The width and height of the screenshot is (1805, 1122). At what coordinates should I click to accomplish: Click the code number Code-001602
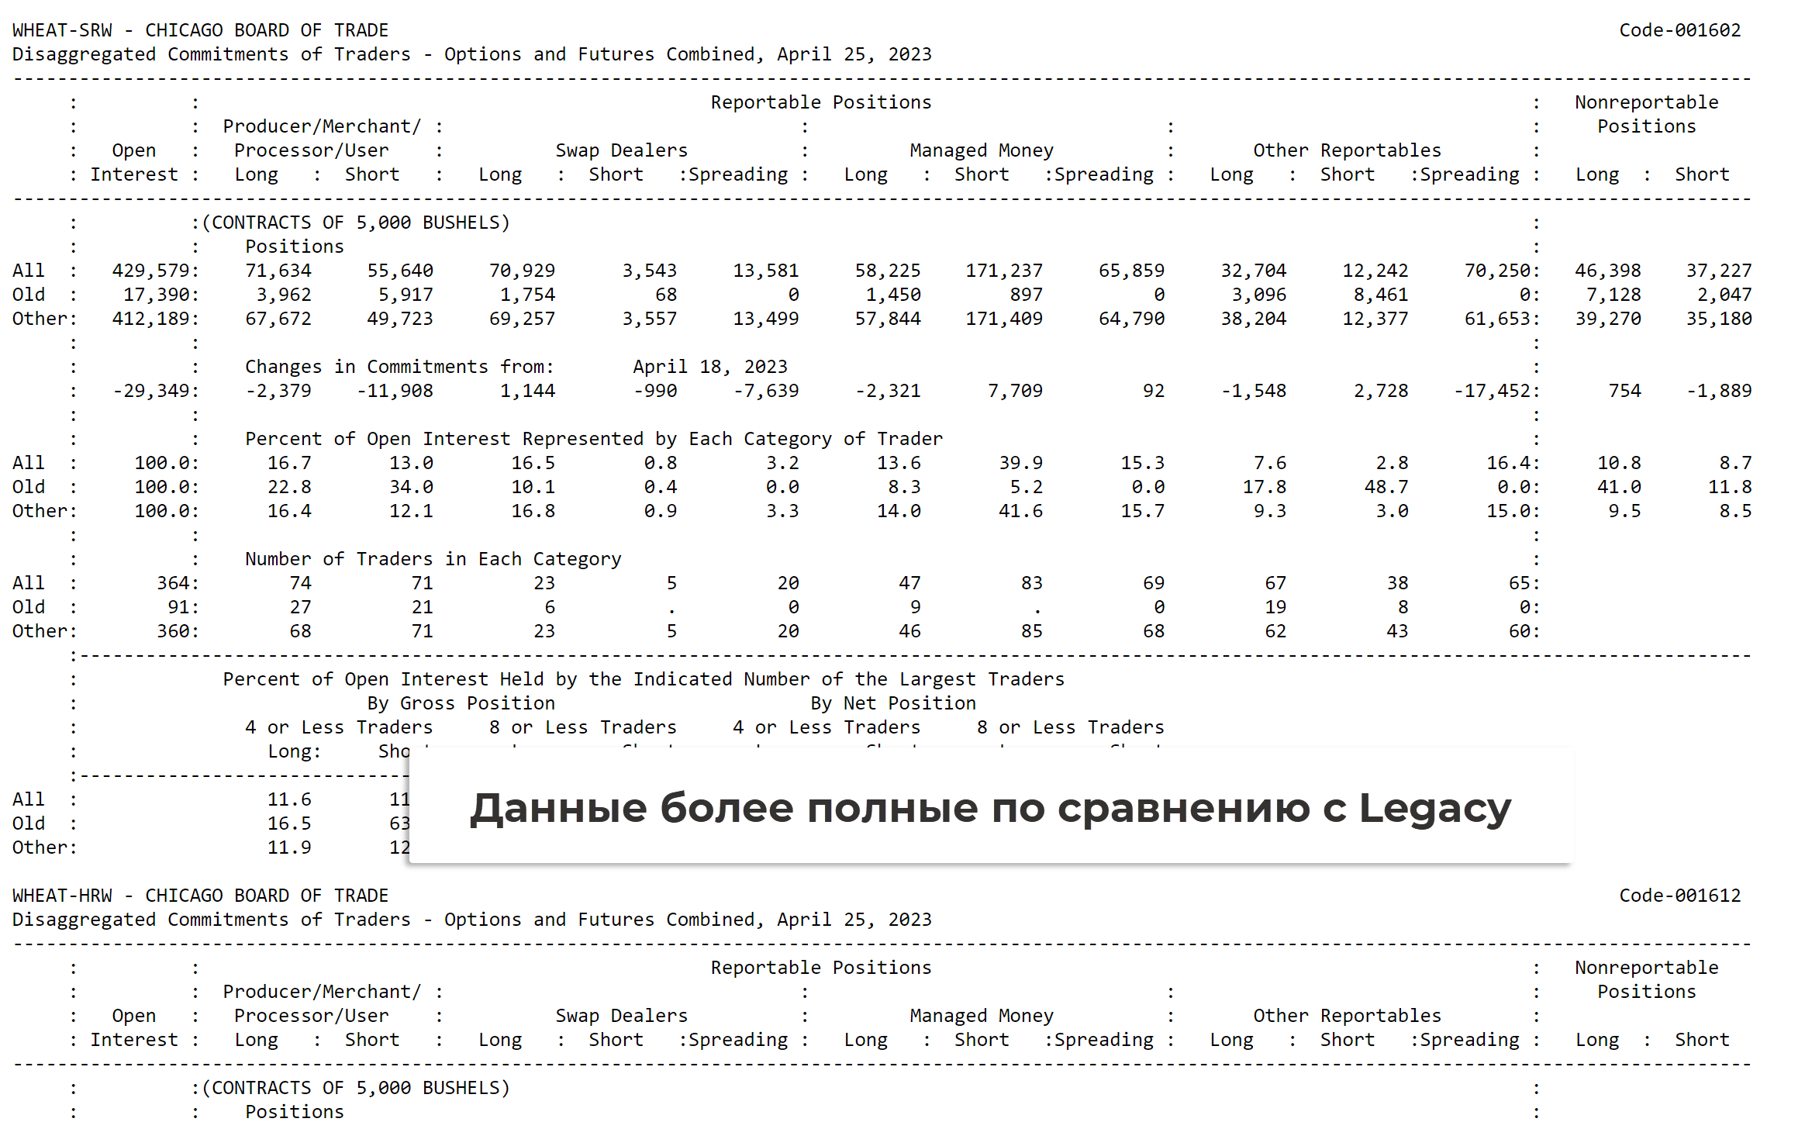pos(1679,30)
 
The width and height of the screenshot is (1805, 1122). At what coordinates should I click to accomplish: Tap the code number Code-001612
pos(1679,896)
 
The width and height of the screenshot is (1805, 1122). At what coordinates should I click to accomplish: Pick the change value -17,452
pos(1493,391)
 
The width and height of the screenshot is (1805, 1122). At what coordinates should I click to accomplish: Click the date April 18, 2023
pos(709,367)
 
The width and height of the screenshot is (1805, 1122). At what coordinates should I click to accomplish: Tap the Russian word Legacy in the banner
pos(1434,809)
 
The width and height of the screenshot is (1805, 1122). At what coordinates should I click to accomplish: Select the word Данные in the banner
pos(558,809)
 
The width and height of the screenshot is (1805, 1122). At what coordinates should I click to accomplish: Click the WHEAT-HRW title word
pos(62,896)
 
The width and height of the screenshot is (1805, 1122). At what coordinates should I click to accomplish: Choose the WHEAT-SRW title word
pos(62,30)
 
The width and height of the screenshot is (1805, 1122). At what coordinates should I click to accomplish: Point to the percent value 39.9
pos(1020,463)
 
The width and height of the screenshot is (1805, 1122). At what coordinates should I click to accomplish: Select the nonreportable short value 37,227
pos(1718,271)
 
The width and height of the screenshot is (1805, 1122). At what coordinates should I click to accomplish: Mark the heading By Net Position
pos(893,703)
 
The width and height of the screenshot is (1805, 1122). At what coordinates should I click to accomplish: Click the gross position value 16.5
pos(289,823)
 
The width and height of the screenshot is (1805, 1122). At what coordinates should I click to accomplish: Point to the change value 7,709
pos(1015,391)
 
